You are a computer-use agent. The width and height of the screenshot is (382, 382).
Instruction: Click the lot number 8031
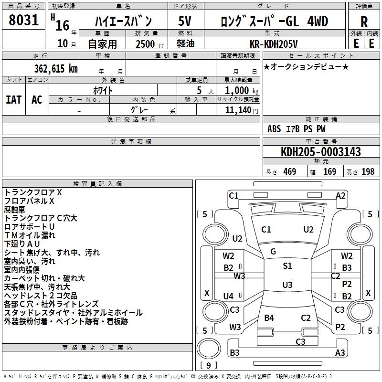[x=24, y=21]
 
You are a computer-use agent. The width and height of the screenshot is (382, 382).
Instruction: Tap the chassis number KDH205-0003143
[x=321, y=152]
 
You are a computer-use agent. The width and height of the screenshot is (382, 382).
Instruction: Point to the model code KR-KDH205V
[x=274, y=43]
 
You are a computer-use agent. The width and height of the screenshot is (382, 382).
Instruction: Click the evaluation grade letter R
[x=364, y=21]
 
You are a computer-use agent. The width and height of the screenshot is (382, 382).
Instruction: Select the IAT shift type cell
[x=14, y=100]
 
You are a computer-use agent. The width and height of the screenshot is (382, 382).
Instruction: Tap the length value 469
[x=289, y=172]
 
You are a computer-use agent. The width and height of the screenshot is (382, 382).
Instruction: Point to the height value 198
[x=368, y=172]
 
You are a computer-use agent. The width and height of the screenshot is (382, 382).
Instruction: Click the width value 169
[x=329, y=172]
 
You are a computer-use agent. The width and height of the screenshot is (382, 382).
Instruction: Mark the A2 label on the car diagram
[x=340, y=195]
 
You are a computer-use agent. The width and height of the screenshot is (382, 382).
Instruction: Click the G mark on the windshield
[x=273, y=252]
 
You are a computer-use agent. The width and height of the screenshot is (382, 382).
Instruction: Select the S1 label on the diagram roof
[x=287, y=266]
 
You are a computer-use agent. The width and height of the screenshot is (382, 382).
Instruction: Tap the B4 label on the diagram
[x=269, y=318]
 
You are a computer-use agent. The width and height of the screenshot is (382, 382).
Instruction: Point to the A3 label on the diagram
[x=340, y=353]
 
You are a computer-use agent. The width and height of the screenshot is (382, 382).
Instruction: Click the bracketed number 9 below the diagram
[x=208, y=366]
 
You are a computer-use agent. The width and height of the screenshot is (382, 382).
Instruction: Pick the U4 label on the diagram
[x=228, y=297]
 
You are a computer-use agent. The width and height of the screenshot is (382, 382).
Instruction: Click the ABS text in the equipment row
[x=274, y=129]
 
